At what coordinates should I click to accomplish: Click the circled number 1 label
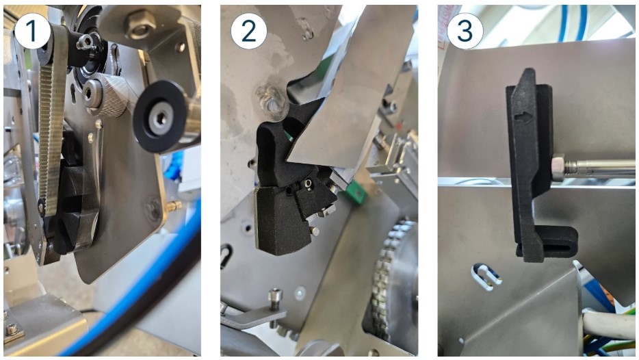32,31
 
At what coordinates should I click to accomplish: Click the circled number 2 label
248,31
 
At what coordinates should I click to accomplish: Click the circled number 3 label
465,31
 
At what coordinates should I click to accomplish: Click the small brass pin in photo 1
174,206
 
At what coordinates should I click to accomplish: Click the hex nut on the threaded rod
558,168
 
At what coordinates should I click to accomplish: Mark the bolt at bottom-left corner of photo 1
12,329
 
